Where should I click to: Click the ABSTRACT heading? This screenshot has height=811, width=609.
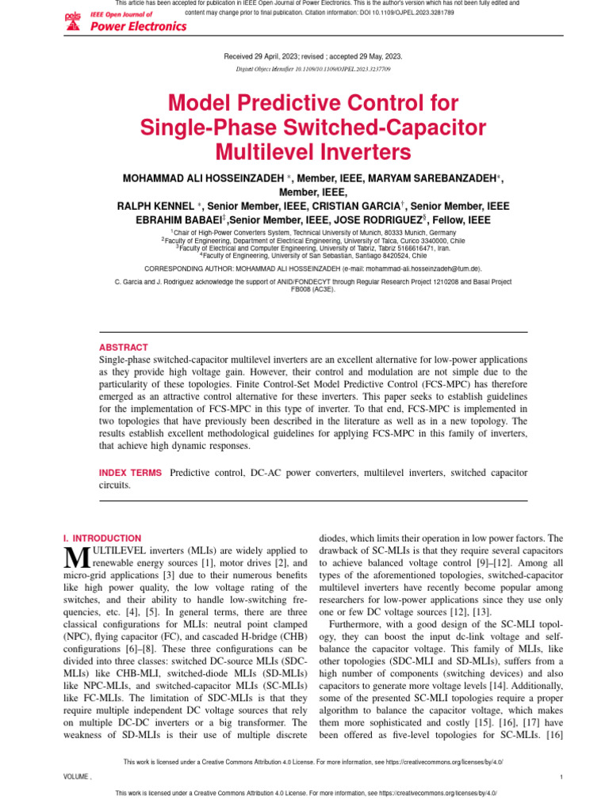[x=123, y=347]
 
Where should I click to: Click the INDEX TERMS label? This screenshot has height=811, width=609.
[x=130, y=473]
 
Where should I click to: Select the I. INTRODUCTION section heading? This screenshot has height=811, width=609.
[x=101, y=538]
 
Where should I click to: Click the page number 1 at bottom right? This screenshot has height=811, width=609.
[x=561, y=777]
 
